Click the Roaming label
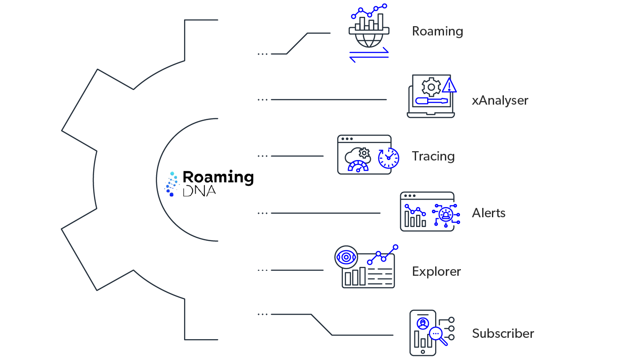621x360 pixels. [x=437, y=31]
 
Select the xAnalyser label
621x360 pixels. [x=500, y=100]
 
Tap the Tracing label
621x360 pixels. [x=433, y=157]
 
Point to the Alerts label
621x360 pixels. [x=489, y=213]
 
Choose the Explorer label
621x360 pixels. [x=436, y=271]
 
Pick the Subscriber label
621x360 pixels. [x=503, y=333]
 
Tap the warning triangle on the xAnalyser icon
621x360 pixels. [x=449, y=86]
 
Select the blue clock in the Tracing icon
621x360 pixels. [x=388, y=158]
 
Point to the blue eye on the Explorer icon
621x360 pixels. [x=345, y=257]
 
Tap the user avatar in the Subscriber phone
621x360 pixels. [x=423, y=322]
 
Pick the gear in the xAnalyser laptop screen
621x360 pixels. [x=431, y=87]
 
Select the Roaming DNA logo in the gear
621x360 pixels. [x=209, y=183]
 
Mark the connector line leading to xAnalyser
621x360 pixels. [x=328, y=100]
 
